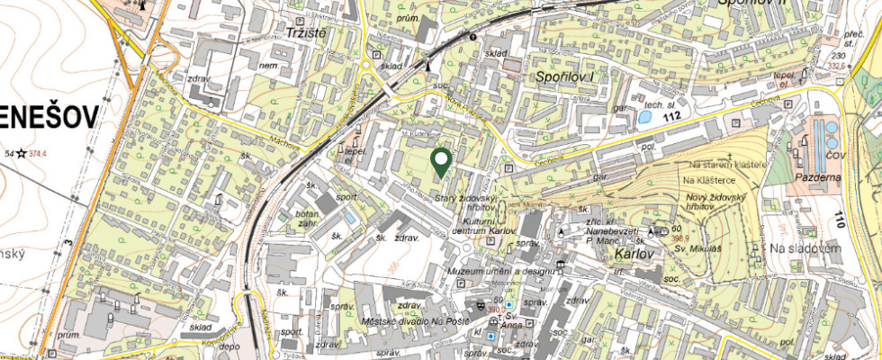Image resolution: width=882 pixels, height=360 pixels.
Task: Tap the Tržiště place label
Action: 299,32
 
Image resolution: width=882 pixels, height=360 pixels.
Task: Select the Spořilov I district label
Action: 566,78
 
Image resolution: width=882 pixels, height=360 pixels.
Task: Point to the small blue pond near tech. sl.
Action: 644,115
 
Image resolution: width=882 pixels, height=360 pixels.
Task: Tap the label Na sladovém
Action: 804,247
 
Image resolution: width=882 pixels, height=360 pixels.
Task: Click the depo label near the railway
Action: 230,346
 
